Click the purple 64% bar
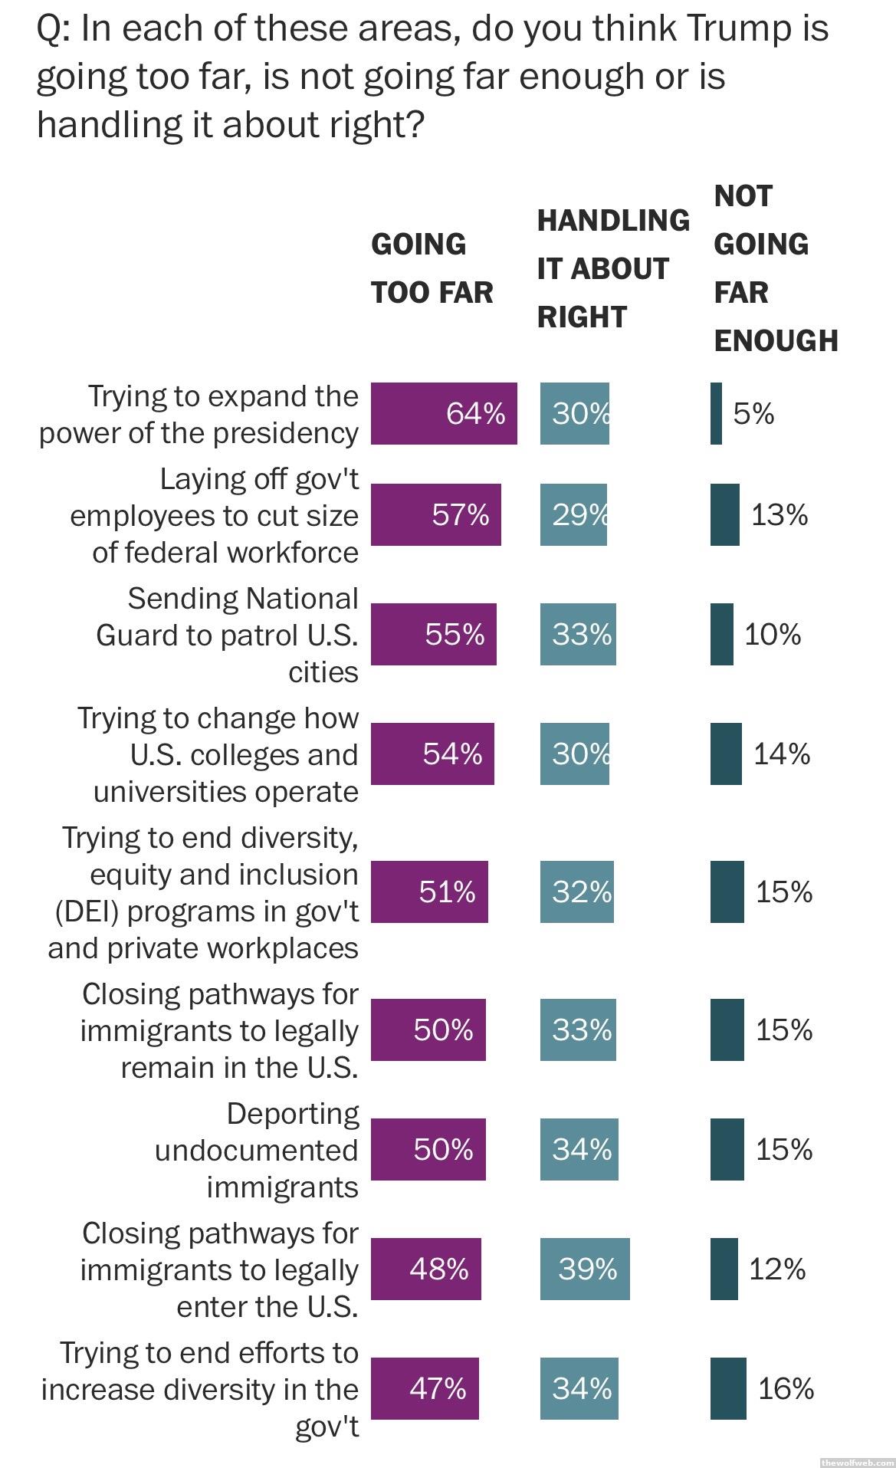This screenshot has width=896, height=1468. point(444,414)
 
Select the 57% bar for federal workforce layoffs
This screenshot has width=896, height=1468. point(435,514)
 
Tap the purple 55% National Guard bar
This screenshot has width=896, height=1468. point(433,634)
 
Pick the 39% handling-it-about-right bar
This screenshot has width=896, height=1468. point(585,1269)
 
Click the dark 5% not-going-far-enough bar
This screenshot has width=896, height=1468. point(716,414)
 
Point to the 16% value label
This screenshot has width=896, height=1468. point(786,1388)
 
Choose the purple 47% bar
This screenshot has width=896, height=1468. point(425,1388)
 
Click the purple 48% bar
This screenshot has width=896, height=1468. point(425,1269)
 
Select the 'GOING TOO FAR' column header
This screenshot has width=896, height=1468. point(432,268)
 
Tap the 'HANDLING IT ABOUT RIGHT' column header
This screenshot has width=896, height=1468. point(612,268)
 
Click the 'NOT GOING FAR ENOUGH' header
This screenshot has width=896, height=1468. point(775,268)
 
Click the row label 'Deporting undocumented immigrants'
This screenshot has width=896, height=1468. point(257,1150)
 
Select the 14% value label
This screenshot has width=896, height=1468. point(782,754)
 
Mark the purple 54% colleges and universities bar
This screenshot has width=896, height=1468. point(432,754)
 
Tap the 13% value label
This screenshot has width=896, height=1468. point(779,514)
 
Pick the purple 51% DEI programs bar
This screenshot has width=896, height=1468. point(429,892)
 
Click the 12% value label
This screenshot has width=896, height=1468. point(777,1269)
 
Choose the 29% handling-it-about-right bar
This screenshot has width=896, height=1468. point(573,514)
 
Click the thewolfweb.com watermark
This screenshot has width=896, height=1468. point(857,1462)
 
